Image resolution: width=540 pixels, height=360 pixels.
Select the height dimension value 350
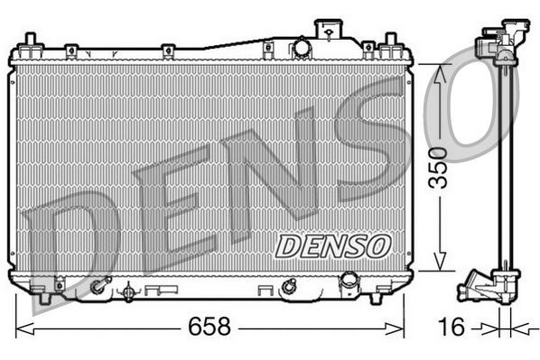click(438, 169)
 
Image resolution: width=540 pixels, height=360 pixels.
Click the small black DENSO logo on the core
click(331, 244)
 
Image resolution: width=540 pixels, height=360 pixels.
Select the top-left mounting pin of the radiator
click(31, 42)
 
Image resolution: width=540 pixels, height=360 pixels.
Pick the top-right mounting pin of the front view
click(391, 42)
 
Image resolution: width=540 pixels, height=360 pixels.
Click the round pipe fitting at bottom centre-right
click(288, 287)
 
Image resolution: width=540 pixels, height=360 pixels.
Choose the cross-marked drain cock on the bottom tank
click(128, 291)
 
